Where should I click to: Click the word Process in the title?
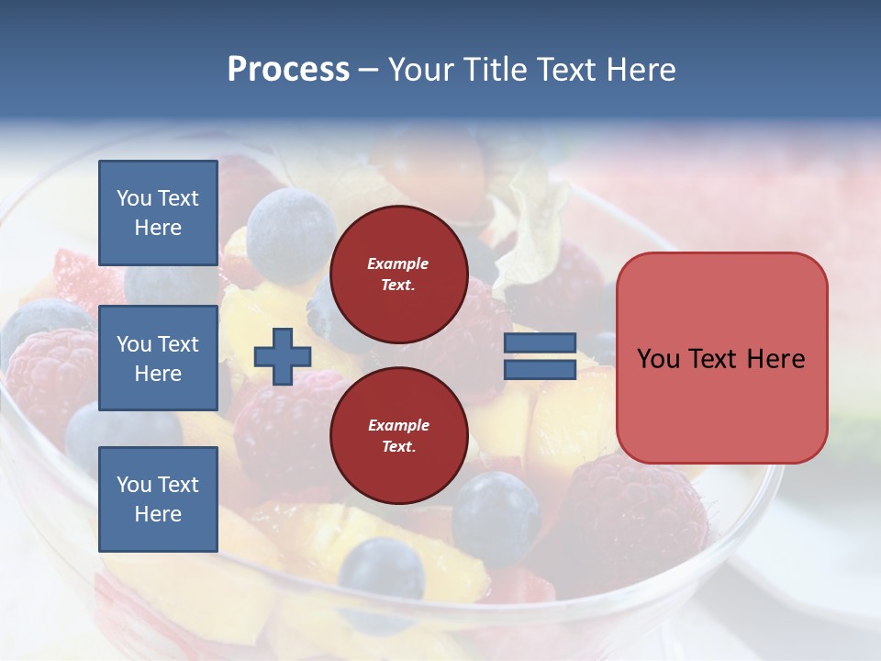coord(288,70)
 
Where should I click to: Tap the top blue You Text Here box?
coord(158,213)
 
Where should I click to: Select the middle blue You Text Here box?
coord(158,358)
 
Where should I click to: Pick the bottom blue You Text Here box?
coord(158,499)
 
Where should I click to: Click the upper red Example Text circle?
coord(398,274)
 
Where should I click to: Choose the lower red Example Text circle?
coord(398,435)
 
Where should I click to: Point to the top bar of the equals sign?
coord(540,343)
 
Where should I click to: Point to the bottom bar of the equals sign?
coord(540,370)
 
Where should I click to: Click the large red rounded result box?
coord(721,358)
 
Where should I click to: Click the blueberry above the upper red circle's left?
coord(291,224)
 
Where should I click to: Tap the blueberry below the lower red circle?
coord(496,516)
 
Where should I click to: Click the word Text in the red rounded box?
coord(721,358)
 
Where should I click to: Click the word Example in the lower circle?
coord(398,425)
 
